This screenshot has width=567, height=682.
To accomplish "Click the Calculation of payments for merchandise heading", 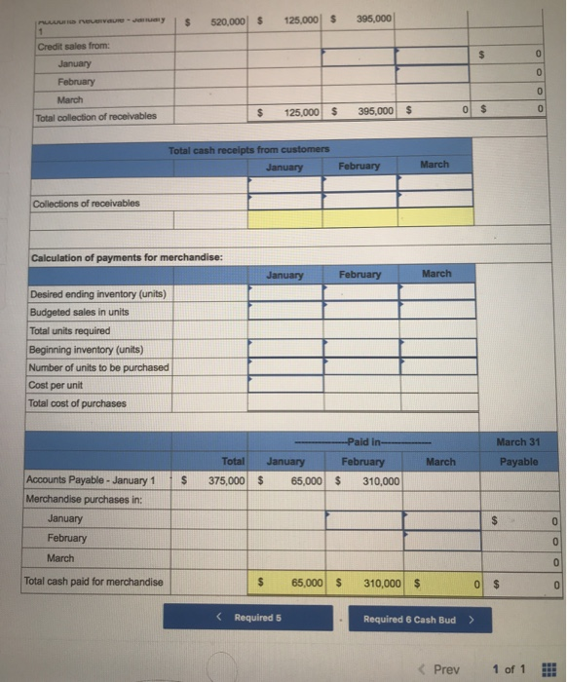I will pos(115,256).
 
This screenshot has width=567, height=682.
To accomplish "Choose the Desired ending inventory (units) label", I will pos(96,294).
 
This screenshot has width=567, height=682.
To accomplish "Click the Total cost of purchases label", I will pos(77,403).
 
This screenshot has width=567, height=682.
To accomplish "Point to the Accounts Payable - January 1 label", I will pos(90,479).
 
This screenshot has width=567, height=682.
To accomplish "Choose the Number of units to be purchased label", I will pos(98,367).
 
